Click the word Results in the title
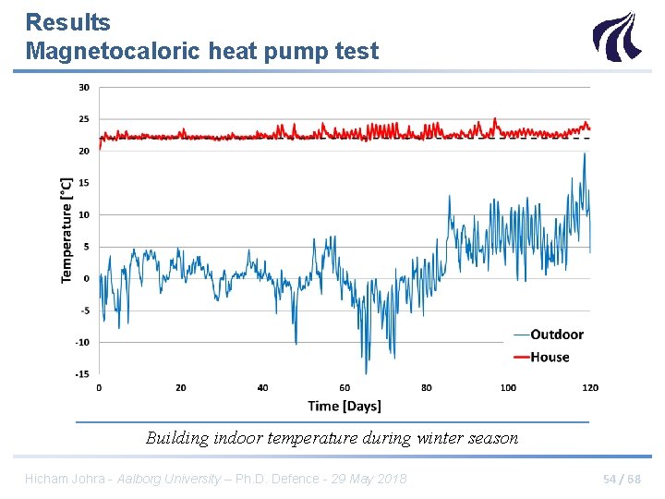67,22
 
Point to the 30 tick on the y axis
84,88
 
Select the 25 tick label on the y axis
84,119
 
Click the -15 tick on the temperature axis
83,374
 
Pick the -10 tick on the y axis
83,342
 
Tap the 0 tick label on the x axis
99,388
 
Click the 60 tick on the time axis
345,388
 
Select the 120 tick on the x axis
590,388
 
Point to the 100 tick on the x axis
508,388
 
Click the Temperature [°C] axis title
66,231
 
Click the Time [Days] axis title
345,406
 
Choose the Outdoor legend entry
556,335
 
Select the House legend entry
550,357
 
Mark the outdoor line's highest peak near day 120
584,153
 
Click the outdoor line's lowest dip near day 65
366,372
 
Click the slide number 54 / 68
622,479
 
